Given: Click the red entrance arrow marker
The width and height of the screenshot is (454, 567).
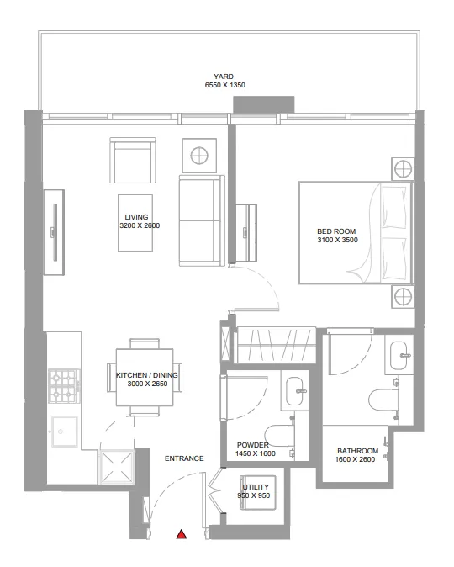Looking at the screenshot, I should click(181, 533).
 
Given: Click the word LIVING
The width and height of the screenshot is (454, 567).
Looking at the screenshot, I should click(136, 217).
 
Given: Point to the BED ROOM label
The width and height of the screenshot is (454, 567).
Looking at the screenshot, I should click(336, 231).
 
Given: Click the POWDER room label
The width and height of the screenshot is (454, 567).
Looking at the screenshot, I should click(252, 445).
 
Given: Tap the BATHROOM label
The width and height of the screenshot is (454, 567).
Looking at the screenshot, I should click(357, 451).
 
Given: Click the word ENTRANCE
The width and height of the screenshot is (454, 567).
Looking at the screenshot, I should click(184, 458).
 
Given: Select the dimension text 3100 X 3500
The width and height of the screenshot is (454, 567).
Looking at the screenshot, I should click(336, 241).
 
